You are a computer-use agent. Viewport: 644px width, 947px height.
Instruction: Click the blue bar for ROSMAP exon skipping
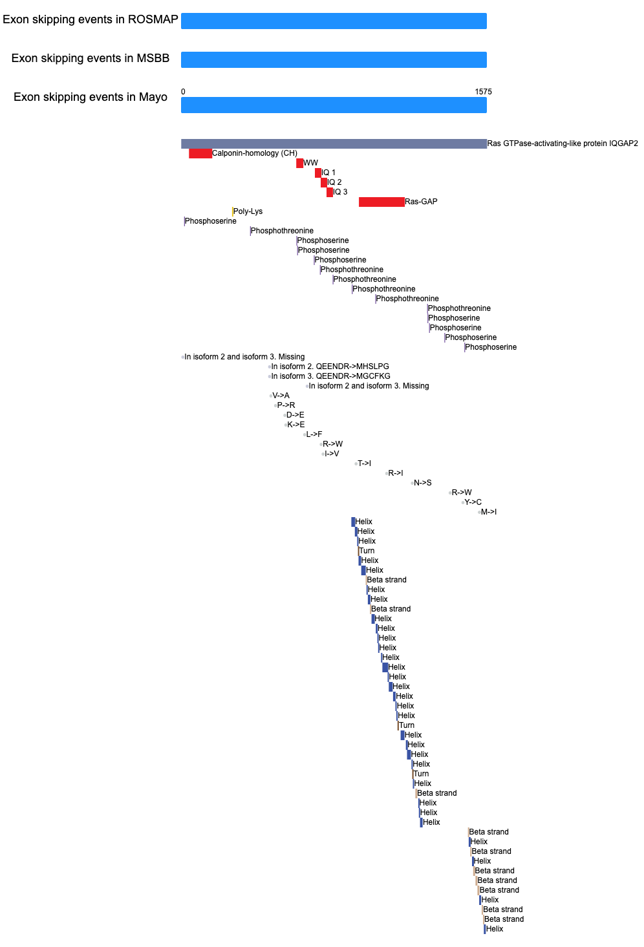(334, 21)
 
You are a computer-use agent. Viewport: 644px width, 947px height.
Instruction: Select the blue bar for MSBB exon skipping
(334, 59)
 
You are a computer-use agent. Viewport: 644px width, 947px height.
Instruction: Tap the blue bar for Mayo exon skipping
(334, 105)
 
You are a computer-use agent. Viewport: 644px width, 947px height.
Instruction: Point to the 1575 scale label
(483, 91)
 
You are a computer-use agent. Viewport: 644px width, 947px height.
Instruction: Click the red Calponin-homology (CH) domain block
(200, 153)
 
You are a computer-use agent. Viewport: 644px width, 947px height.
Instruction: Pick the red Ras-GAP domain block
(381, 202)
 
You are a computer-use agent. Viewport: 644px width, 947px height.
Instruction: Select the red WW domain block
(299, 163)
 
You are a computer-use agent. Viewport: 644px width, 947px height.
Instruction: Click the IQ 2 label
(334, 182)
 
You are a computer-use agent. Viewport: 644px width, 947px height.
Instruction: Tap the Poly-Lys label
(248, 211)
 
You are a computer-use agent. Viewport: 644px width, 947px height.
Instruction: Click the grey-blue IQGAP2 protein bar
(334, 144)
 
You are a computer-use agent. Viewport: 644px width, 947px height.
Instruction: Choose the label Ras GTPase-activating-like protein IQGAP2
(563, 144)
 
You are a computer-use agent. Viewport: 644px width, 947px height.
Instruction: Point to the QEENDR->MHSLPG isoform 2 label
(330, 367)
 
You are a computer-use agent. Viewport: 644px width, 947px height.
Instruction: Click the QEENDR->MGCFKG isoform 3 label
(330, 376)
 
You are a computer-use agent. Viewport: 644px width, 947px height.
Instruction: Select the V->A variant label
(281, 396)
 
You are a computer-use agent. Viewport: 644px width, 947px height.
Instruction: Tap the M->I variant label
(489, 512)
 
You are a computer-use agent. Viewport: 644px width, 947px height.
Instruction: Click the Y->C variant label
(473, 502)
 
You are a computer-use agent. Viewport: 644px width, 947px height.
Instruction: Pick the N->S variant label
(422, 483)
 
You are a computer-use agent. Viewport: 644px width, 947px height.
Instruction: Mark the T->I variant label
(364, 463)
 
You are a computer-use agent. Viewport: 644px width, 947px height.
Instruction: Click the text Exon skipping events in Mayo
(91, 97)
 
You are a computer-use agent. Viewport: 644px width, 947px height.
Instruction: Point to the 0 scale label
(183, 91)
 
